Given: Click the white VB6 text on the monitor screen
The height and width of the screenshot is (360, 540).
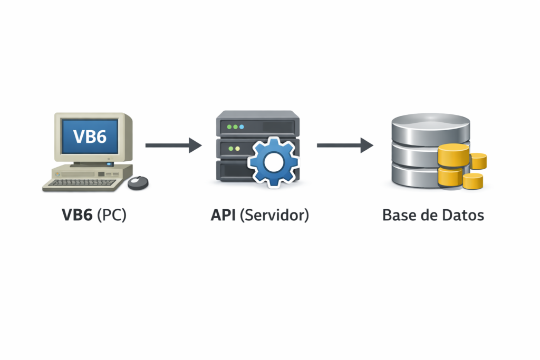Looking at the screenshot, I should (x=90, y=136).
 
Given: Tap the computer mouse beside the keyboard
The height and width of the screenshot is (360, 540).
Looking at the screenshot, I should (x=138, y=182).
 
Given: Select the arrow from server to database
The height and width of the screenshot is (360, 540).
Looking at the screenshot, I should (x=345, y=145).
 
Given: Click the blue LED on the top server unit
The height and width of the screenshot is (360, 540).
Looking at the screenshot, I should (x=242, y=127).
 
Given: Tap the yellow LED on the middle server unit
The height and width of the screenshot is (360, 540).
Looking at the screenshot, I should (x=237, y=149).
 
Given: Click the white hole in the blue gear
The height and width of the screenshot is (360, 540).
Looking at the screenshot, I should (x=274, y=162).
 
